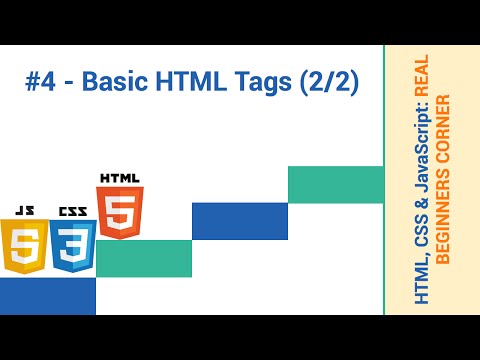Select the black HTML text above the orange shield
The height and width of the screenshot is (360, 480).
coord(120,179)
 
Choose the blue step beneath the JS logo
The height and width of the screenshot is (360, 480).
coord(47,296)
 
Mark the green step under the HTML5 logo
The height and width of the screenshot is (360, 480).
coord(143,258)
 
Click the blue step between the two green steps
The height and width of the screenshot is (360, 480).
coord(239,221)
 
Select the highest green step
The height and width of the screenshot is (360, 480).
coord(335,184)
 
